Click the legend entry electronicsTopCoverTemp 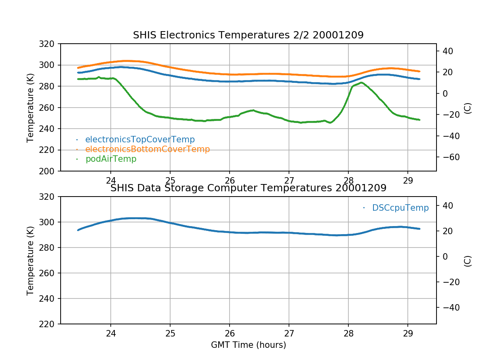pyautogui.click(x=140, y=140)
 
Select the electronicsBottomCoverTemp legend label pyautogui.click(x=148, y=149)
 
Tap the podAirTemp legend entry pyautogui.click(x=111, y=159)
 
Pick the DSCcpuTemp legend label pyautogui.click(x=400, y=208)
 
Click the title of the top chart pyautogui.click(x=248, y=35)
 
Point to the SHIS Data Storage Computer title pyautogui.click(x=248, y=188)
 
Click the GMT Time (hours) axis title pyautogui.click(x=248, y=345)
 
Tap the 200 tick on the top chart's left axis pyautogui.click(x=49, y=171)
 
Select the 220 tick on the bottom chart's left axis pyautogui.click(x=49, y=324)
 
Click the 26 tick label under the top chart pyautogui.click(x=230, y=180)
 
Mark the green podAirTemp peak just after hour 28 pyautogui.click(x=361, y=83)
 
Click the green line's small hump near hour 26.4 pyautogui.click(x=253, y=110)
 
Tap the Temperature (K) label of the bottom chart pyautogui.click(x=30, y=260)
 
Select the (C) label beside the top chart pyautogui.click(x=468, y=108)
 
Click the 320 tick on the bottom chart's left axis pyautogui.click(x=49, y=197)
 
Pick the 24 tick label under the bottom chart pyautogui.click(x=111, y=333)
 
